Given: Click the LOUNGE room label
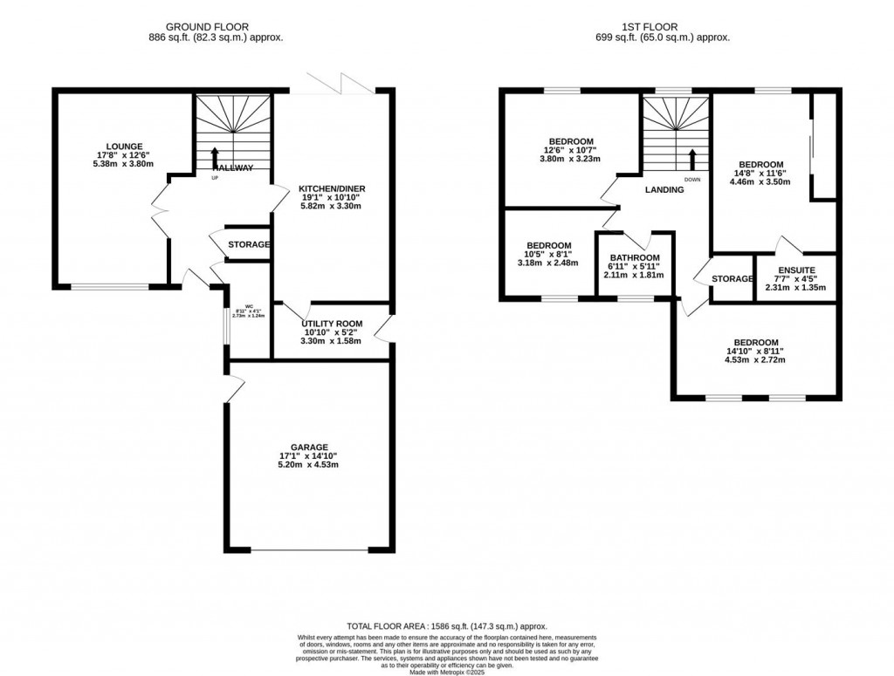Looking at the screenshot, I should pyautogui.click(x=125, y=146).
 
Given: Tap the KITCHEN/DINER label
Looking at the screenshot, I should pyautogui.click(x=332, y=188).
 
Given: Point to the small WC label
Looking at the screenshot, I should pyautogui.click(x=249, y=306).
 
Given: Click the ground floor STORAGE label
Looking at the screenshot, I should pyautogui.click(x=249, y=245).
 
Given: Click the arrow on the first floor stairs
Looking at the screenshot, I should pyautogui.click(x=692, y=160).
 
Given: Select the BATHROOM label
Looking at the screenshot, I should pyautogui.click(x=634, y=258).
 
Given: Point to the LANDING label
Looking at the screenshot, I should pyautogui.click(x=664, y=189).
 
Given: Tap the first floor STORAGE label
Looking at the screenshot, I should pyautogui.click(x=732, y=279).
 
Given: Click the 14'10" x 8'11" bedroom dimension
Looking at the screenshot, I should pyautogui.click(x=756, y=352).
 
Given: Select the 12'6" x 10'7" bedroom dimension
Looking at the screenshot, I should pyautogui.click(x=571, y=151).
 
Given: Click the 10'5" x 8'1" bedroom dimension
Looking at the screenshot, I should pyautogui.click(x=548, y=255).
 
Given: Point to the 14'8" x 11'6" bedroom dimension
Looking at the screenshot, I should pyautogui.click(x=762, y=173).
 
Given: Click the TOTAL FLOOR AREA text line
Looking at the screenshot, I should pyautogui.click(x=446, y=626).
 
